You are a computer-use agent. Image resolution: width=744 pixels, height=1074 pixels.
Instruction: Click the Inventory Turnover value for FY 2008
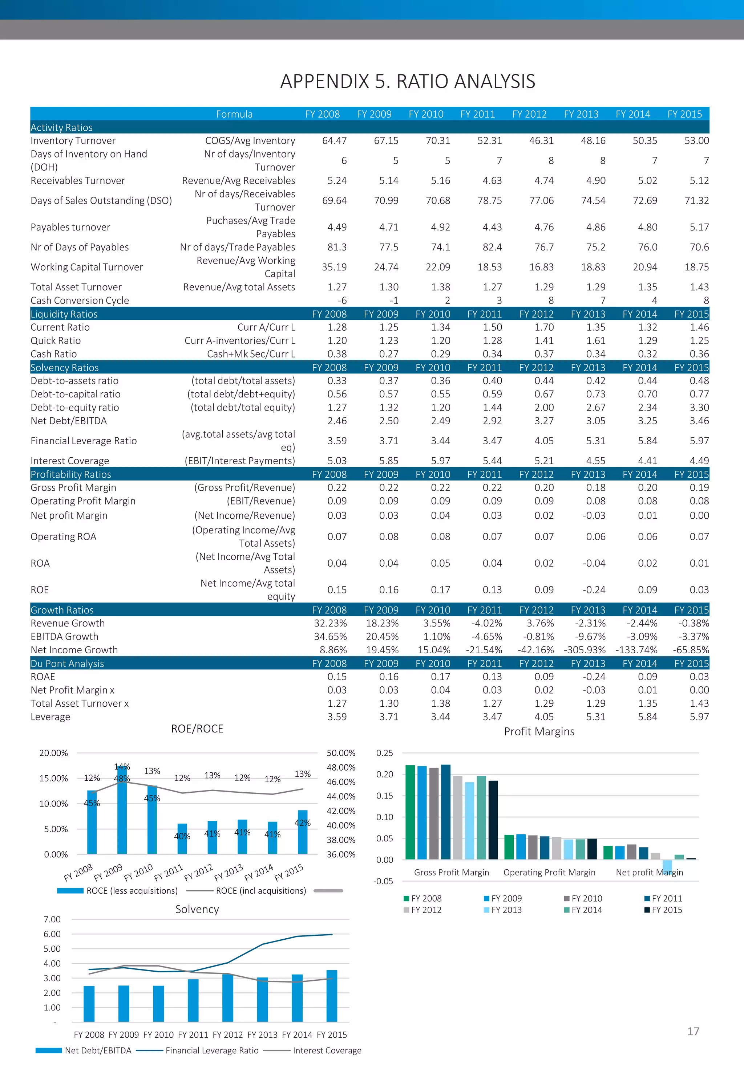[334, 141]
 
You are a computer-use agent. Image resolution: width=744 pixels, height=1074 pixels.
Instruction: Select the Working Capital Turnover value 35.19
[334, 268]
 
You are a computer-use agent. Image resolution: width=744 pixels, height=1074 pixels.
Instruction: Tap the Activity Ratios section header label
[61, 128]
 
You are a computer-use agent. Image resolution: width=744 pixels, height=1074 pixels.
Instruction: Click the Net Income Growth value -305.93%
[585, 650]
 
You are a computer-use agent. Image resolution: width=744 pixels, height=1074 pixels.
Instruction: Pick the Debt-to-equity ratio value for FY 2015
[699, 408]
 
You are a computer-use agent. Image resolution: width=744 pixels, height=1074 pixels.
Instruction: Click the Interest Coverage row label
[70, 461]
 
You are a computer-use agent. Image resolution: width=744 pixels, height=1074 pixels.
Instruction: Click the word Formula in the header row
[234, 114]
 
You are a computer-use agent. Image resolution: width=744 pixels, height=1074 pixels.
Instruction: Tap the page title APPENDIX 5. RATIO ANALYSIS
[408, 82]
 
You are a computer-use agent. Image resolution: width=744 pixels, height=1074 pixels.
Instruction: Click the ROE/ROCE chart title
[197, 729]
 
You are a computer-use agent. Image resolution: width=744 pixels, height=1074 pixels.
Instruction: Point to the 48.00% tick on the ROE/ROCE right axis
[341, 768]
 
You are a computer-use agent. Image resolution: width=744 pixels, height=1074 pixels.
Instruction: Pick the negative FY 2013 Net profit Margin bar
[667, 866]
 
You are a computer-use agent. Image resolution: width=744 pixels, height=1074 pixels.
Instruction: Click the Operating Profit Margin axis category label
[549, 873]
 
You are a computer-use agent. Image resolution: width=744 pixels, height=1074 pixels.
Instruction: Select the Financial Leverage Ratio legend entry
[212, 1051]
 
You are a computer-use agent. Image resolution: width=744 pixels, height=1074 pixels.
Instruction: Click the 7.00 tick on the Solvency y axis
[52, 920]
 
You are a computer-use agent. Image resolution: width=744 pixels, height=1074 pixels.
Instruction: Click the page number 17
[693, 1032]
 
